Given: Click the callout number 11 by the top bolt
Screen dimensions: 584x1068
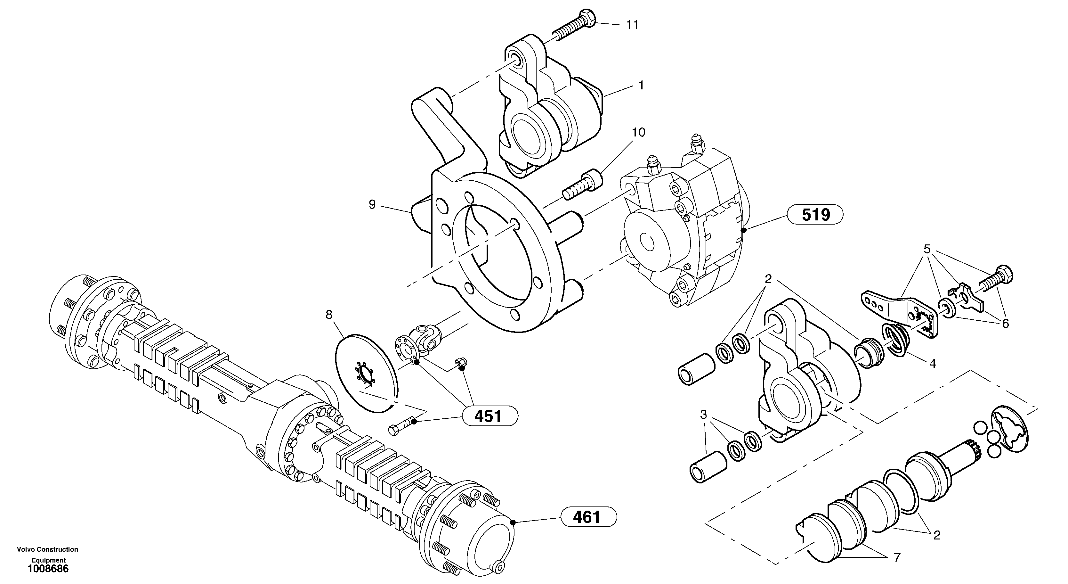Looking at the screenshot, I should (x=632, y=25).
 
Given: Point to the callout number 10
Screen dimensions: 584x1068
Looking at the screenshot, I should (x=638, y=132).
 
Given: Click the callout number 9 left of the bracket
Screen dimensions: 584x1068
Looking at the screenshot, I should (x=372, y=204).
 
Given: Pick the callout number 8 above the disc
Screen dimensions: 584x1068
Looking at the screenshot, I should (x=329, y=315).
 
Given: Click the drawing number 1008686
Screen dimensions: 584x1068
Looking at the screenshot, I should (x=48, y=569).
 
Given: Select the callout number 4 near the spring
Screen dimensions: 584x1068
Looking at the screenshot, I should (x=933, y=364).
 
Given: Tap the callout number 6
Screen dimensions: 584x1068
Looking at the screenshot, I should (x=1005, y=323).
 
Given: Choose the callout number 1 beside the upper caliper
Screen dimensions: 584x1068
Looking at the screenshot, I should (x=641, y=86).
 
